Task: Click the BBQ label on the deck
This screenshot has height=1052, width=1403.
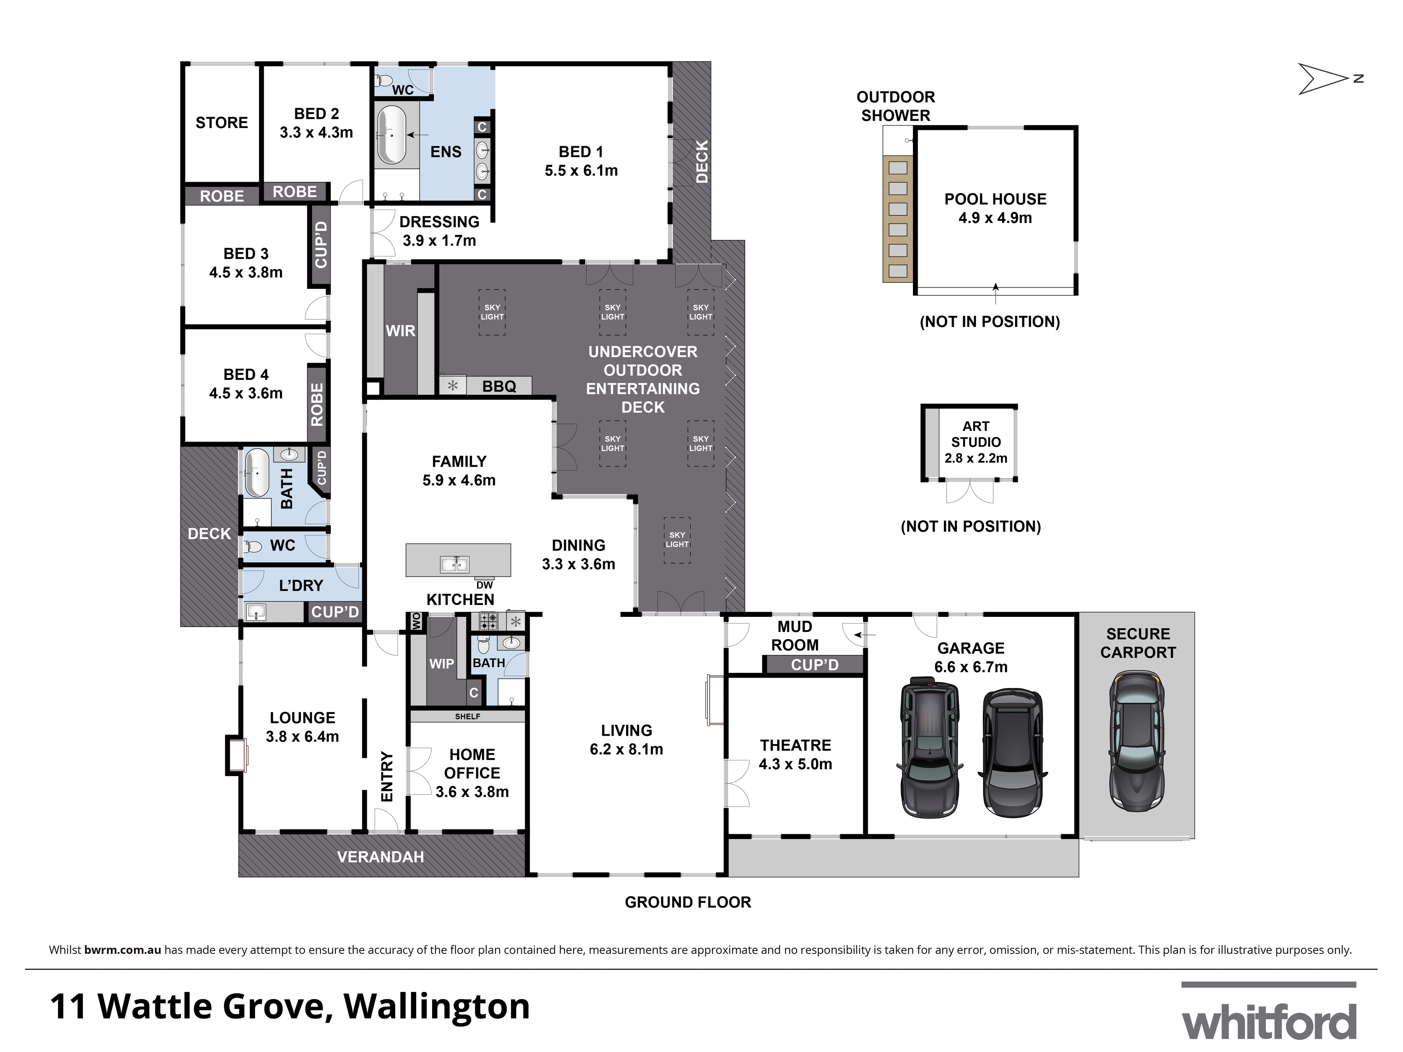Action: [499, 386]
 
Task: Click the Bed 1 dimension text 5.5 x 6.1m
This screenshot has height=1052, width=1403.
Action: [581, 170]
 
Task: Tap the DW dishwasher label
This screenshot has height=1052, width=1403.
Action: [485, 585]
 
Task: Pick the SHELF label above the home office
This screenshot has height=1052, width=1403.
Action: [468, 716]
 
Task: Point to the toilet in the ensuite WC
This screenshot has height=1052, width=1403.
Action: [384, 81]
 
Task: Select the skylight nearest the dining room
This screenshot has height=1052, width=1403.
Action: [677, 540]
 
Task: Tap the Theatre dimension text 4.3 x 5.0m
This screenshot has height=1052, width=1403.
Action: [796, 764]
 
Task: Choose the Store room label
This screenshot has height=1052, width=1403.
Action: [221, 122]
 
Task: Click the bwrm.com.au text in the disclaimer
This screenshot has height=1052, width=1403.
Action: [122, 950]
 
